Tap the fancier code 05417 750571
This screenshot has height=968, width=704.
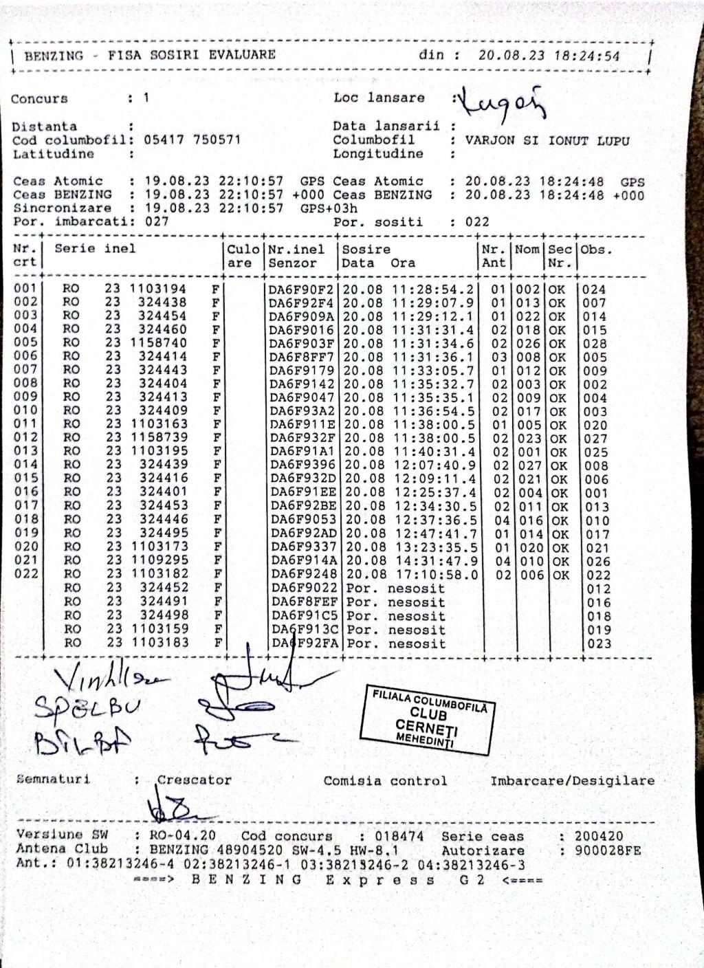(x=192, y=140)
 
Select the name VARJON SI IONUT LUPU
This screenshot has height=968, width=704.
(x=547, y=140)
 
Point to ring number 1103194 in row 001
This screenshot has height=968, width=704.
(x=157, y=289)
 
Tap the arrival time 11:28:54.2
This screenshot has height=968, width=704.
(x=433, y=289)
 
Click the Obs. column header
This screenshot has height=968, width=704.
(x=596, y=250)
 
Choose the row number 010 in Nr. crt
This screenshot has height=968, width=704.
(x=26, y=410)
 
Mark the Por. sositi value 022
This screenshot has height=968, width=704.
(x=477, y=222)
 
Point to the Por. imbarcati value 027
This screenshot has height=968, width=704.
(x=157, y=221)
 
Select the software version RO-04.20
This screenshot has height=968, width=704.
(x=182, y=837)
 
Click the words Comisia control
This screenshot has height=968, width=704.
(x=385, y=781)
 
